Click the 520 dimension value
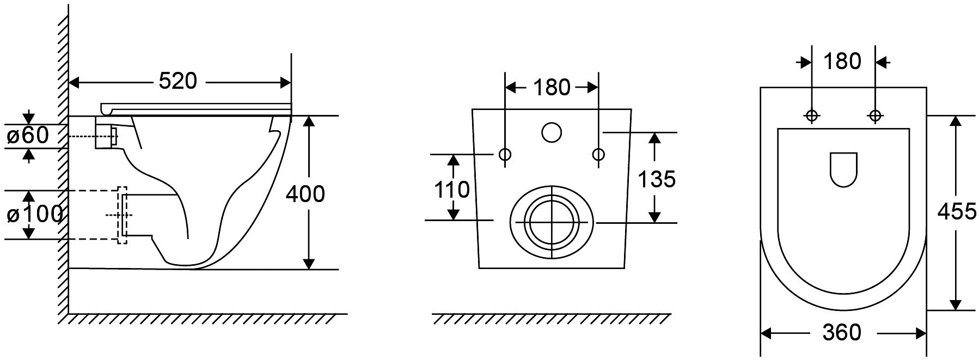click(177, 81)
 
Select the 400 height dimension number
click(305, 194)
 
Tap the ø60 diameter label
click(28, 136)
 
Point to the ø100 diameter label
click(34, 215)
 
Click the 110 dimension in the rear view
click(452, 190)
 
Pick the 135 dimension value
click(657, 179)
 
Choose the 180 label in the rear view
click(552, 87)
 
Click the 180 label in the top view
click(842, 62)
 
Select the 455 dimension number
click(957, 211)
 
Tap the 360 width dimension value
click(842, 332)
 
